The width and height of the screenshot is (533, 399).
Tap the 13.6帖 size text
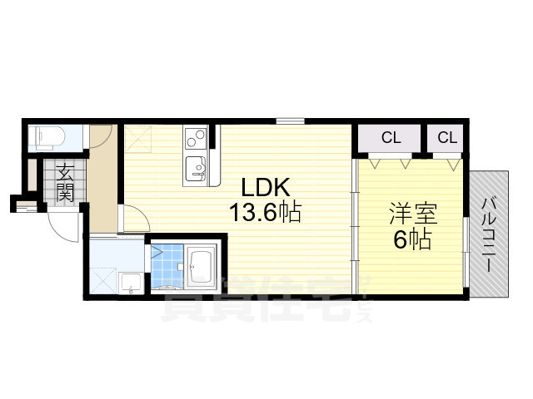[x=265, y=212]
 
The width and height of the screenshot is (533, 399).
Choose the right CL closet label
[x=447, y=138]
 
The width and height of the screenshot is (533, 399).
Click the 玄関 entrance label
[x=66, y=185]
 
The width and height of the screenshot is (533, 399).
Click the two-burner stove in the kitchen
[x=195, y=137]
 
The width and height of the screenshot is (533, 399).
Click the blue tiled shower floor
[x=167, y=266]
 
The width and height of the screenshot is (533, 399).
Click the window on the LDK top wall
[x=289, y=121]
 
